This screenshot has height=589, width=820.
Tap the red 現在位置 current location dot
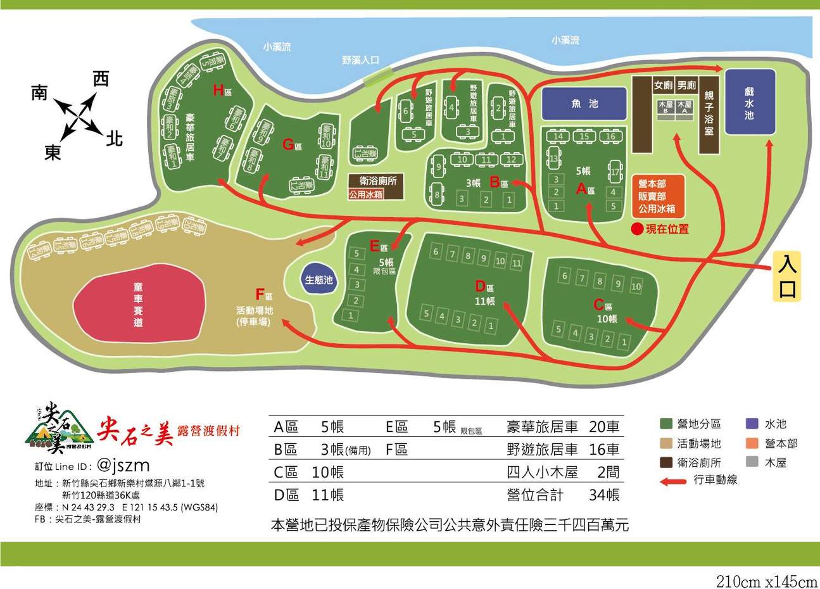point(637,229)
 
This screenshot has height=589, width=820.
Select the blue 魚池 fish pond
point(583,104)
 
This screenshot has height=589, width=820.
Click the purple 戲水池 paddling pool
point(750,102)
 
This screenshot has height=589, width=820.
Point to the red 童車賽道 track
point(139,305)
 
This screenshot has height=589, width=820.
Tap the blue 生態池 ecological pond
point(319,279)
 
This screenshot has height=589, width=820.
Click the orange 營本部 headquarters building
point(657,195)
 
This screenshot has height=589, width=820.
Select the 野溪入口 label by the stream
point(360,60)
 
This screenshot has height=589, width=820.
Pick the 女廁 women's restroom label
point(663,85)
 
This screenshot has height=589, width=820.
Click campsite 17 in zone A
point(614,172)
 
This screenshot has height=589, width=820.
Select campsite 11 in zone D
point(517,262)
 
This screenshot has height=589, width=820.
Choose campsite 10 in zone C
point(636,286)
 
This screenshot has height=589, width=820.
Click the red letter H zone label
point(218,91)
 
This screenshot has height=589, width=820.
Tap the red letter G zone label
point(288,144)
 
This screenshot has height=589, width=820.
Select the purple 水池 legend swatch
point(753,424)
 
